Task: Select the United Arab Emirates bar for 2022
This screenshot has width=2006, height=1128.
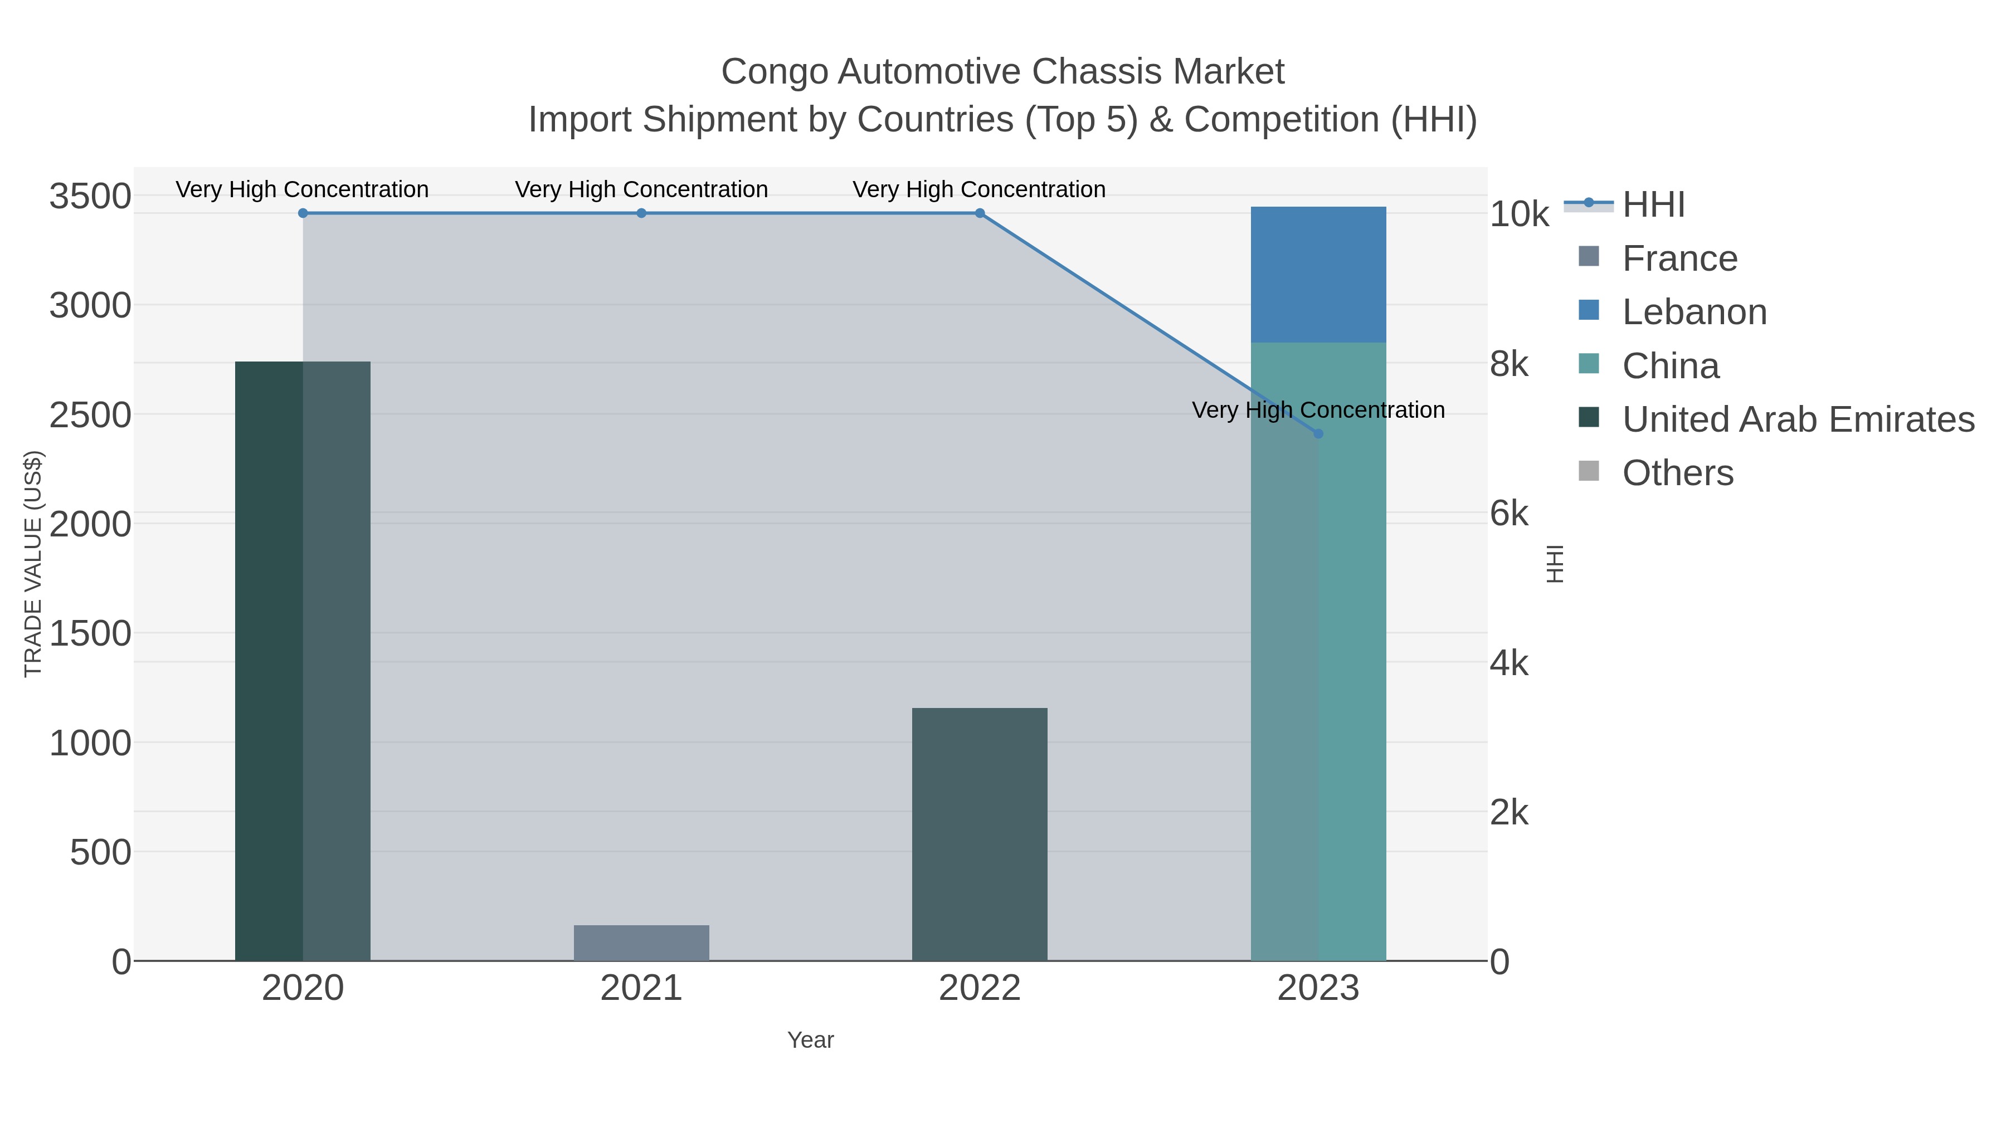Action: coord(979,834)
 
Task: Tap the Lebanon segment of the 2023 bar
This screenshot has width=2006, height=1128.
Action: coord(1318,274)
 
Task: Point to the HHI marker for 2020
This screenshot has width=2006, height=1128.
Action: coord(303,213)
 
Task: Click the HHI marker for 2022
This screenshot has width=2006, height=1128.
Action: coord(980,213)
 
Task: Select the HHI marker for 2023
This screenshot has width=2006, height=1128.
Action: coord(1318,433)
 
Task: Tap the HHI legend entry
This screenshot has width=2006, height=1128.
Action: coord(1653,205)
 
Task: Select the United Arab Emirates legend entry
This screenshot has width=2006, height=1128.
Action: coord(1797,419)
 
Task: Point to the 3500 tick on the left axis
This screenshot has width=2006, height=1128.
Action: coord(90,196)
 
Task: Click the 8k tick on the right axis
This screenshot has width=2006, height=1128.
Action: coord(1509,364)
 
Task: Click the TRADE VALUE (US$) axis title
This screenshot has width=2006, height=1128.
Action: coord(33,564)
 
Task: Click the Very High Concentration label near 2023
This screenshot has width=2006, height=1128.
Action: coord(1318,410)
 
